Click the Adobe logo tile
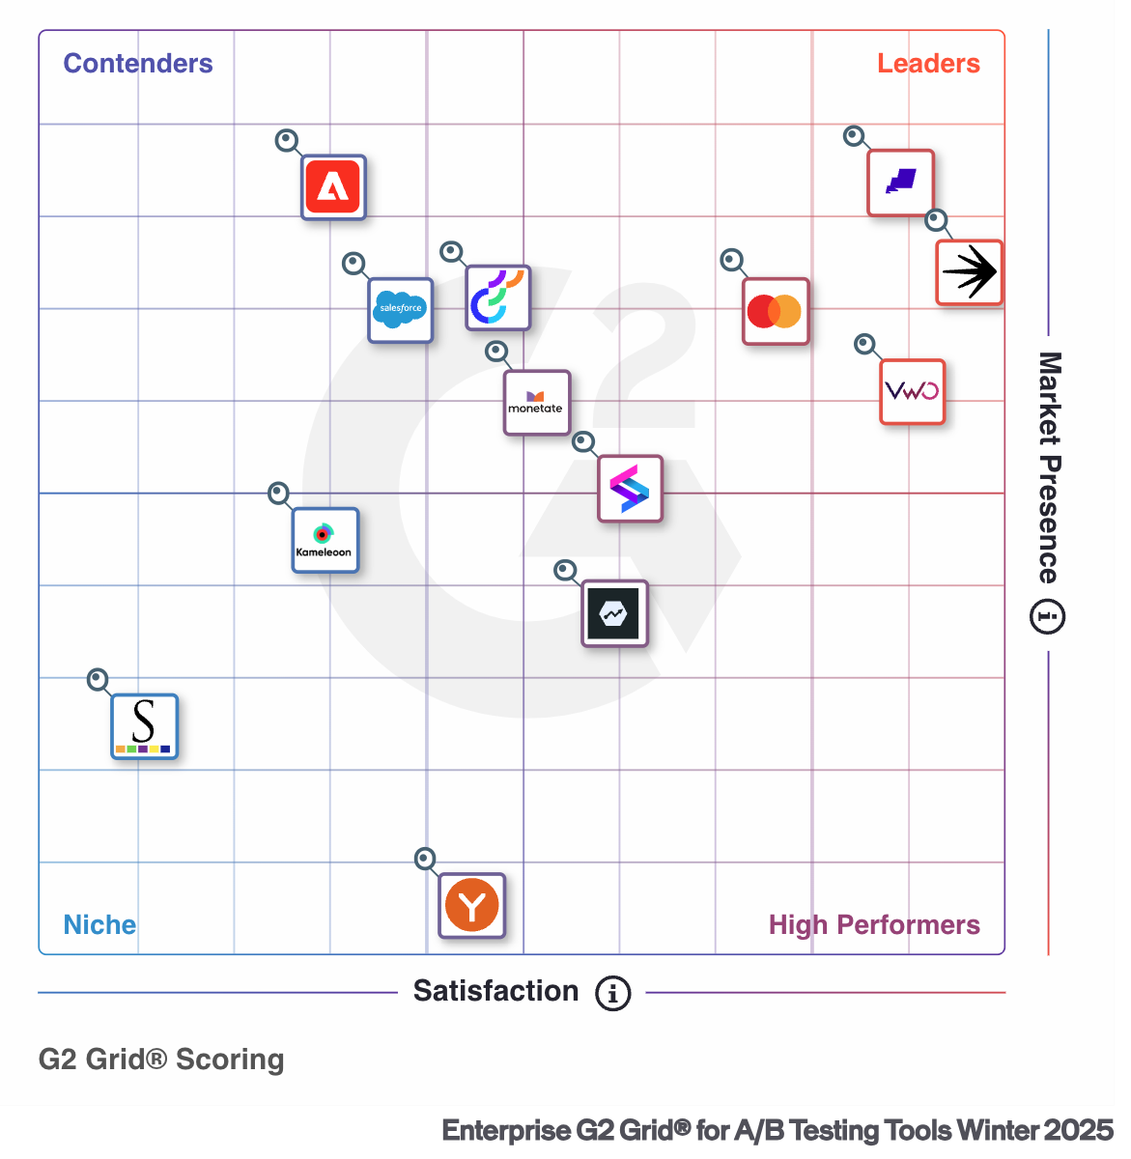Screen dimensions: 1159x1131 click(x=333, y=186)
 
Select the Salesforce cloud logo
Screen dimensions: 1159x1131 click(x=400, y=310)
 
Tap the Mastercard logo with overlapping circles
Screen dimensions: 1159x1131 click(x=775, y=311)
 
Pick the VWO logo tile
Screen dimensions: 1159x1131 click(x=912, y=391)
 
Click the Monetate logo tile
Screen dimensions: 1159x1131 click(x=536, y=402)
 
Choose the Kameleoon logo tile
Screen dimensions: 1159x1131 click(x=325, y=540)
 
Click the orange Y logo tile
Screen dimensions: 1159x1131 click(x=472, y=906)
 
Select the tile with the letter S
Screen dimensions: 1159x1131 click(x=144, y=726)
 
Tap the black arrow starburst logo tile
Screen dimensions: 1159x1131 click(x=969, y=272)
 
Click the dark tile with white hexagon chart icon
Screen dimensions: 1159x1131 click(x=614, y=613)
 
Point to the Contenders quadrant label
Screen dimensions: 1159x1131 click(x=138, y=64)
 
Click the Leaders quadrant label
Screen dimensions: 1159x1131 click(x=928, y=64)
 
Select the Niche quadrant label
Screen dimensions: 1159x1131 click(x=99, y=924)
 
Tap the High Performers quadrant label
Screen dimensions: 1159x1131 click(x=874, y=924)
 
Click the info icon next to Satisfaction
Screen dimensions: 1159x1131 click(x=612, y=993)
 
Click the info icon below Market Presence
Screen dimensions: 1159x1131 click(x=1048, y=616)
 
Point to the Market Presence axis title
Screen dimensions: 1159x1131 click(x=1049, y=467)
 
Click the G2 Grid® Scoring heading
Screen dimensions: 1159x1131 click(x=161, y=1060)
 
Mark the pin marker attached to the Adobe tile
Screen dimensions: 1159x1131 click(x=287, y=141)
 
